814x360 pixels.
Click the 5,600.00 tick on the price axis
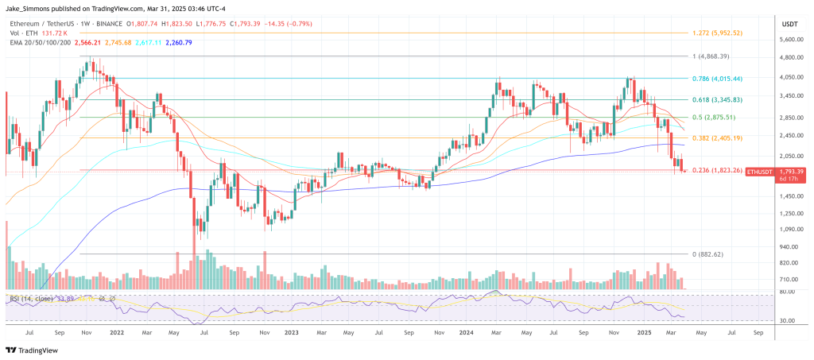[x=792, y=38]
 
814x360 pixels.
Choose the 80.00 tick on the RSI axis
[x=787, y=292]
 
